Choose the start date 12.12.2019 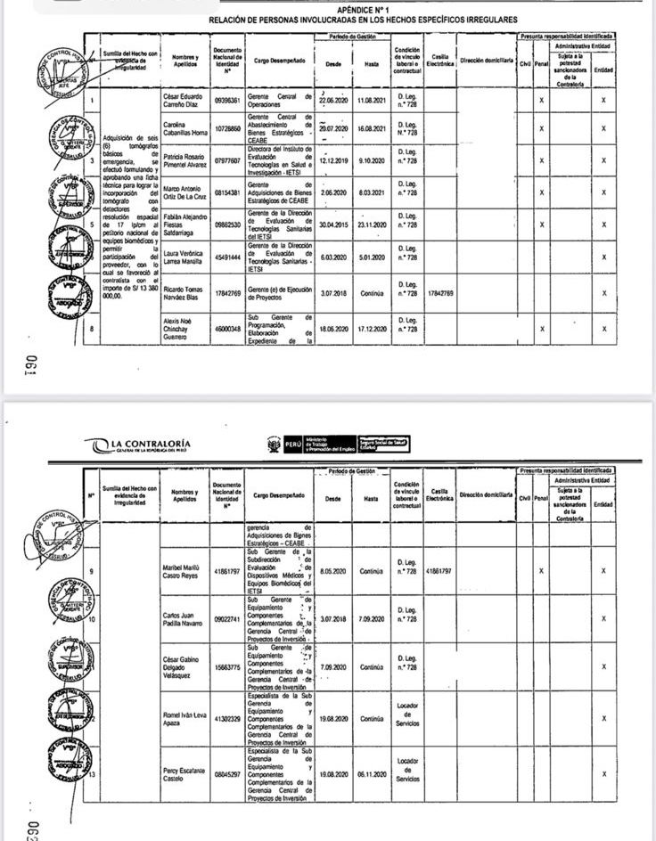332,161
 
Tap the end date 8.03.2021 367,192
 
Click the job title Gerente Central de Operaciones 276,100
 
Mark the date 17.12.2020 367,329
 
